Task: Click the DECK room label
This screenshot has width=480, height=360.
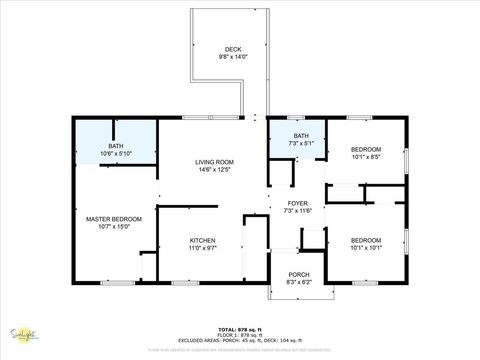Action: coord(232,49)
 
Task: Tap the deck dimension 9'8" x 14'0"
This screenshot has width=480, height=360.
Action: coord(232,57)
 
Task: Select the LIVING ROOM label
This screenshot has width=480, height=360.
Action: coord(214,162)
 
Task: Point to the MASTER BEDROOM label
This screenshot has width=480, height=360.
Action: coord(114,219)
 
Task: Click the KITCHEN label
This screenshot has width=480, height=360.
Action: coord(203,240)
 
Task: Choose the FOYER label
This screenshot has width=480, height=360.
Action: coord(298,203)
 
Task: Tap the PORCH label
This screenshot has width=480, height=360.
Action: coord(298,274)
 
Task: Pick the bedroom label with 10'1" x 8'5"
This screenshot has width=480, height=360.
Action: coord(366,149)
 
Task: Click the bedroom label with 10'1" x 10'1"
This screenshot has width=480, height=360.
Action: coord(366,240)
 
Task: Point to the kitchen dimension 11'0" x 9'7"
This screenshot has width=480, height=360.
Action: coord(203,248)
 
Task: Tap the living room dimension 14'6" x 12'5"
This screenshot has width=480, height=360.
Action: coord(214,170)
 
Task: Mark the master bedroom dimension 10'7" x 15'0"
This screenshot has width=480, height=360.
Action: coord(114,227)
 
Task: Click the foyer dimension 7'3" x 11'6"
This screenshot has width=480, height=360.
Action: coord(298,211)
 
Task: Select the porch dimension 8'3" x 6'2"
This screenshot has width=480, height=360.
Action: coord(298,282)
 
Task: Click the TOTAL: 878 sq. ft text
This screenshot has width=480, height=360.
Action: coord(240,329)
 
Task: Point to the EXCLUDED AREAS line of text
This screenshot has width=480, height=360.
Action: coord(240,341)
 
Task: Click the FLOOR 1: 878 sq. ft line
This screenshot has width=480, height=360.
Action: coord(240,335)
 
